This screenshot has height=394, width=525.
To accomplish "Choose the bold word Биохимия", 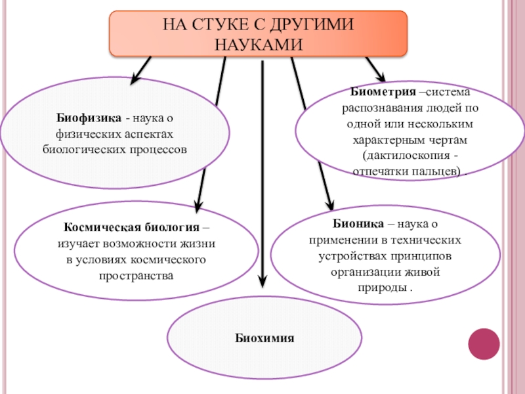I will (x=265, y=338).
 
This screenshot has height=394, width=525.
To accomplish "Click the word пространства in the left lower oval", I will (x=136, y=276).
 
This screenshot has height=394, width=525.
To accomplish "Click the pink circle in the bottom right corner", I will (x=484, y=343).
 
